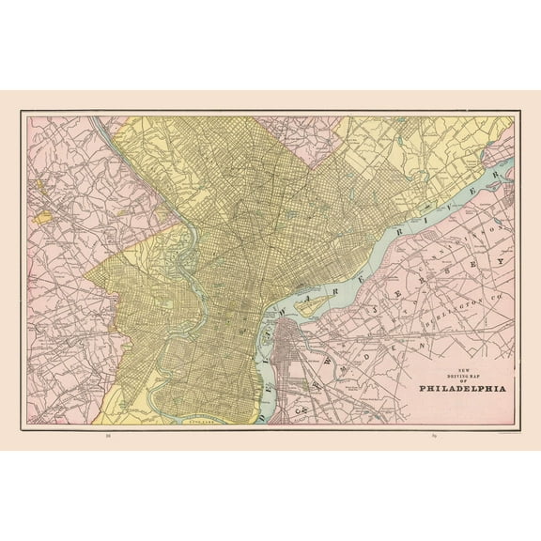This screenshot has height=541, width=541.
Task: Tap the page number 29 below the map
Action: (435, 436)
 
